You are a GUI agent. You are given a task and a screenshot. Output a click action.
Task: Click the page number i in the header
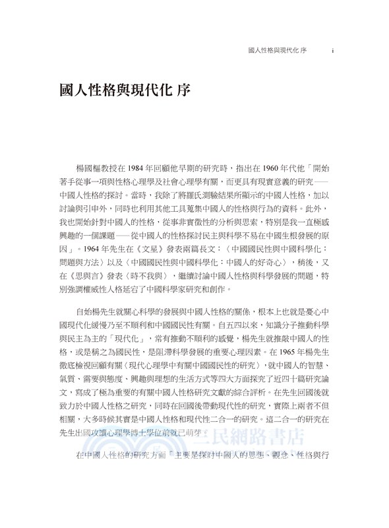334,50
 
